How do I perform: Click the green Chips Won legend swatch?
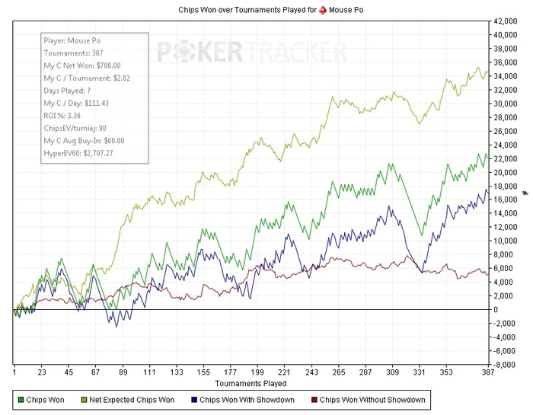[20, 399]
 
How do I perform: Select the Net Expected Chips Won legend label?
[132, 399]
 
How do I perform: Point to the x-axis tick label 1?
[14, 373]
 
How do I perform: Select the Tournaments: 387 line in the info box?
[73, 53]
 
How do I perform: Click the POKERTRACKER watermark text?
[251, 52]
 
